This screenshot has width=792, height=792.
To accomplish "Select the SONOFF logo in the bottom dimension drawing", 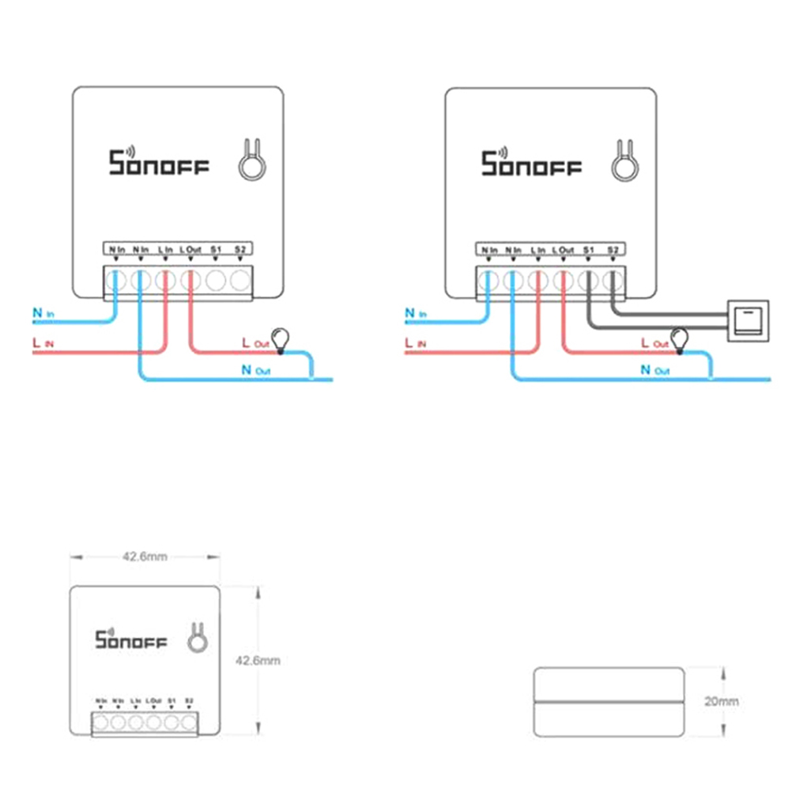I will coord(131,638).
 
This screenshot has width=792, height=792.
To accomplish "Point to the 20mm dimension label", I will coord(722,701).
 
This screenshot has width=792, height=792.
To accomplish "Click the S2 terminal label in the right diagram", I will coord(613,251).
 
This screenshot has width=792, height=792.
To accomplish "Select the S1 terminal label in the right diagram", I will coord(588,251).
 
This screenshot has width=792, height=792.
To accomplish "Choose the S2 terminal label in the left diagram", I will coord(239,251).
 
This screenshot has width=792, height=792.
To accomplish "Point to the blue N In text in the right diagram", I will coord(415,314).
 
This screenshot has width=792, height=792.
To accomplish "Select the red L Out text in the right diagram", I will coord(655,344).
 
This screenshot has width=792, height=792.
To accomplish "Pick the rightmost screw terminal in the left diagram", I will coord(239,279).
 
